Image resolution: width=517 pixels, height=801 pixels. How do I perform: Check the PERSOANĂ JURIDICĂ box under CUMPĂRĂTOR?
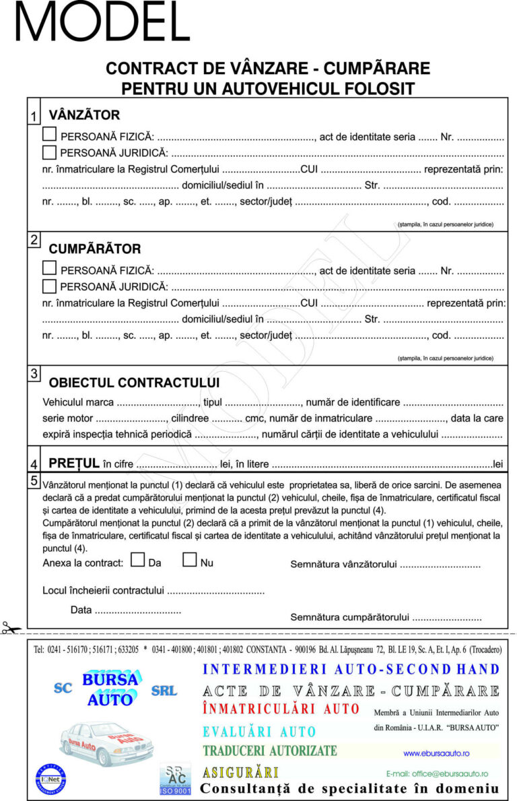[49, 286]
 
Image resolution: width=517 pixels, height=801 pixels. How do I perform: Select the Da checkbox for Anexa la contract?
[138, 559]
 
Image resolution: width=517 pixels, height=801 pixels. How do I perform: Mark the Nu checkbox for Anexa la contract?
[190, 559]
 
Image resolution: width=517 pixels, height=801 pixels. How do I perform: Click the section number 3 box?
[34, 373]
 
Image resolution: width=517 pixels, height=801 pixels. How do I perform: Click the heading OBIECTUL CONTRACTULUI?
[134, 383]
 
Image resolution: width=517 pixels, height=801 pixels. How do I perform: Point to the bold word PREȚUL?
[74, 463]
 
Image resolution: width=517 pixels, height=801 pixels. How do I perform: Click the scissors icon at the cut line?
[11, 629]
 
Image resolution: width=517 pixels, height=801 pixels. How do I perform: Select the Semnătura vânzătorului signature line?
[440, 565]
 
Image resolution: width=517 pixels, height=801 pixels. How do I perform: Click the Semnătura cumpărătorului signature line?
[447, 616]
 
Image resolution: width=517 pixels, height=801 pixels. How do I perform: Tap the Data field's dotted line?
[138, 610]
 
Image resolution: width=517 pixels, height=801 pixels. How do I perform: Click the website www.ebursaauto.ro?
[436, 752]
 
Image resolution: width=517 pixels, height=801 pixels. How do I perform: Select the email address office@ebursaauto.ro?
[437, 774]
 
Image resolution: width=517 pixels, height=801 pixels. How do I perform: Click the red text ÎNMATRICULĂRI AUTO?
[281, 709]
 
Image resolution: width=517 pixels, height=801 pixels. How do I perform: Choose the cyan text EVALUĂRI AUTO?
[259, 732]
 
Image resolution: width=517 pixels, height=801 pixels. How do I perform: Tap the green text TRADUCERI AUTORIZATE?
[270, 750]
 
